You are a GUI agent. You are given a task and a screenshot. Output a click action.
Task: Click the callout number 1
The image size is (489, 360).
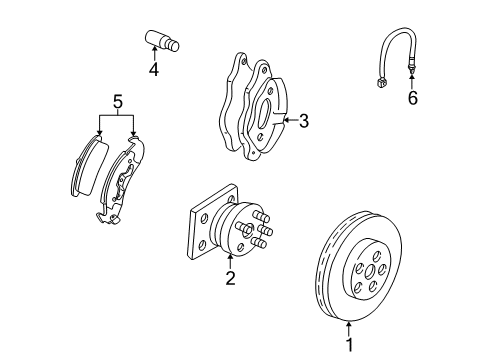tap(349, 345)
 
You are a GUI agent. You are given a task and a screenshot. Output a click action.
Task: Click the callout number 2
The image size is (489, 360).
tap(229, 279)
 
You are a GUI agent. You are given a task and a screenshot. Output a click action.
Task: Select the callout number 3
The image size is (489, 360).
tap(303, 121)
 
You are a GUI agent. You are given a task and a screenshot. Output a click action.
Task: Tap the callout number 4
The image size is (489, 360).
tap(153, 70)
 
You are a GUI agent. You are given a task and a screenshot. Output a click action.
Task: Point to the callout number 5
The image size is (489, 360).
tap(117, 100)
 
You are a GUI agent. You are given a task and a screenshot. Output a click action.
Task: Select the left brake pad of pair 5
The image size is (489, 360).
tap(89, 164)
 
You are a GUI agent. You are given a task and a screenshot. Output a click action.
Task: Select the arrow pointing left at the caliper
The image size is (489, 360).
tap(287, 121)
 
